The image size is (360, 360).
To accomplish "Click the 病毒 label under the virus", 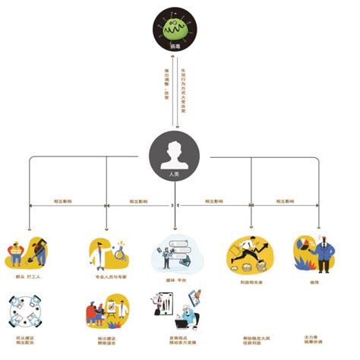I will tap(175, 48).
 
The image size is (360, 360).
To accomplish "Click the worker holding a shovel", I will tap(39, 253).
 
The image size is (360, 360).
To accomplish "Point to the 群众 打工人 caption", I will tap(28, 278).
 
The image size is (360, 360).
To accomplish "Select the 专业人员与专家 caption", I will tap(108, 278).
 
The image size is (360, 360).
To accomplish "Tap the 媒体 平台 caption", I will tap(176, 278).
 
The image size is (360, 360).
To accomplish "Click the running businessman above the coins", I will tap(251, 251).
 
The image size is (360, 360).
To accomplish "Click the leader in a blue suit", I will tap(323, 254).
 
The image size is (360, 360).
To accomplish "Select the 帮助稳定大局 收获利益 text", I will tap(251, 341).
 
